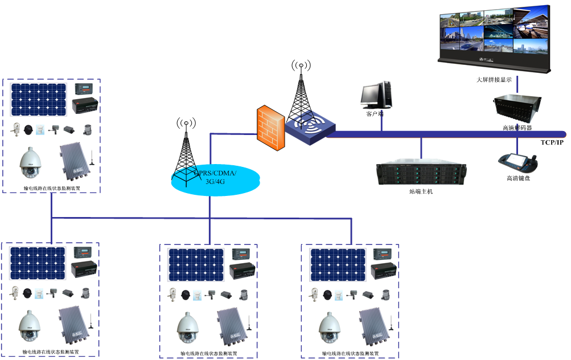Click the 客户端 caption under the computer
[x=374, y=113]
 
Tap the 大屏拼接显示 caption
[x=494, y=80]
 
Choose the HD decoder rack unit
[x=517, y=108]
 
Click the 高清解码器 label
[x=517, y=128]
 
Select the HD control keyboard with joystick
[x=517, y=162]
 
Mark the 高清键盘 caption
[x=518, y=178]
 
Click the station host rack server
[x=421, y=173]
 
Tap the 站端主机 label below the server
[x=421, y=192]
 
